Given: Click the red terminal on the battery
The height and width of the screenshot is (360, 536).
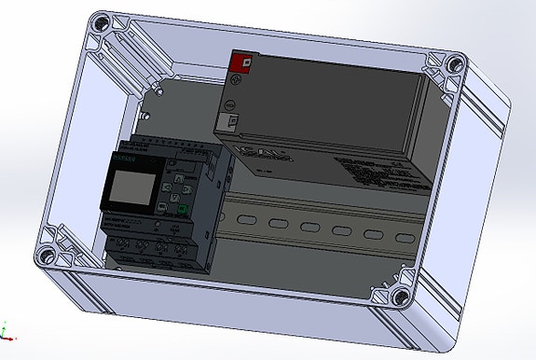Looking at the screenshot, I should (x=241, y=62).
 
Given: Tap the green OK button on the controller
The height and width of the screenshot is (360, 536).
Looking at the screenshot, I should (x=184, y=210).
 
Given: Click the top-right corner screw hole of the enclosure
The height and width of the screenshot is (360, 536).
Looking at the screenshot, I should (x=454, y=64).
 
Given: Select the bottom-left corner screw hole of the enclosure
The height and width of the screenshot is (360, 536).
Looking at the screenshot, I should (x=45, y=252).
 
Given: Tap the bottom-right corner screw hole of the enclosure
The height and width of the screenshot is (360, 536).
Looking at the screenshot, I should (x=400, y=298).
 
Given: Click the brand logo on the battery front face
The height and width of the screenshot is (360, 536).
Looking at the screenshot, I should (x=248, y=154).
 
